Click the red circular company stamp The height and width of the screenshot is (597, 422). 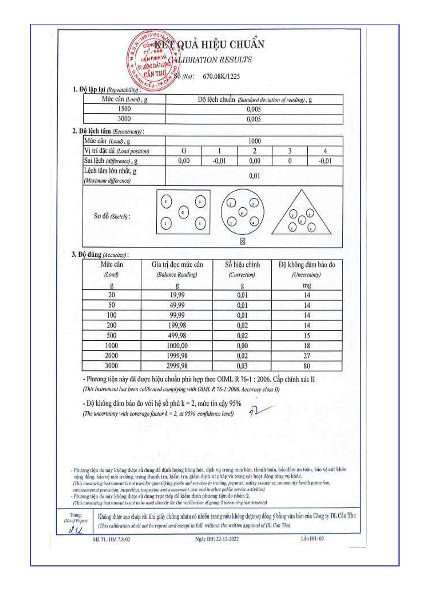click(153, 61)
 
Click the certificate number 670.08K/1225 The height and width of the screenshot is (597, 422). click(221, 76)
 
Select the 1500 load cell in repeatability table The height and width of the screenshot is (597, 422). click(124, 109)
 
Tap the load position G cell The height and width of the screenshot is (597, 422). click(184, 151)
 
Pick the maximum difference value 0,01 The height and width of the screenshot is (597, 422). click(254, 176)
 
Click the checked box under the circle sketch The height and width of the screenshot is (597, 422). click(242, 241)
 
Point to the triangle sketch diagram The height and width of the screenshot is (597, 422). click(301, 214)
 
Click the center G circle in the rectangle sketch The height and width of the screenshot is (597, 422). click(183, 212)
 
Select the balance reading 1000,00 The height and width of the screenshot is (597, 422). click(177, 346)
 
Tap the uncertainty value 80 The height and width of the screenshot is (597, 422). click(306, 366)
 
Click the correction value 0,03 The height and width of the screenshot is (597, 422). click(242, 366)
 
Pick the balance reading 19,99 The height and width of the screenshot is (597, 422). click(177, 295)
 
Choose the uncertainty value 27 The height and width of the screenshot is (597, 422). click(306, 356)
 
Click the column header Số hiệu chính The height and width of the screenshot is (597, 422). click(242, 265)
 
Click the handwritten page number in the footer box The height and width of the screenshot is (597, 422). click(75, 530)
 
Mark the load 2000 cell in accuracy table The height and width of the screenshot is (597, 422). click(111, 356)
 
